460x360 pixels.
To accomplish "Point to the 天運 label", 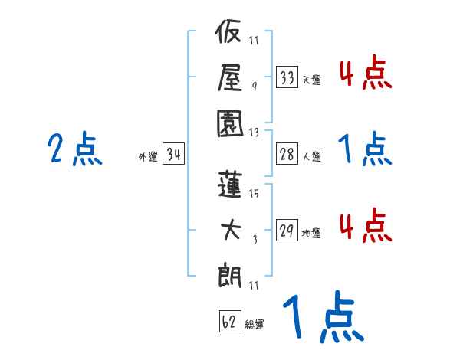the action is click(x=311, y=80).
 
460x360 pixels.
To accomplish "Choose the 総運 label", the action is click(x=255, y=324).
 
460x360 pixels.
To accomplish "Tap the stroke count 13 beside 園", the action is click(x=255, y=131).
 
